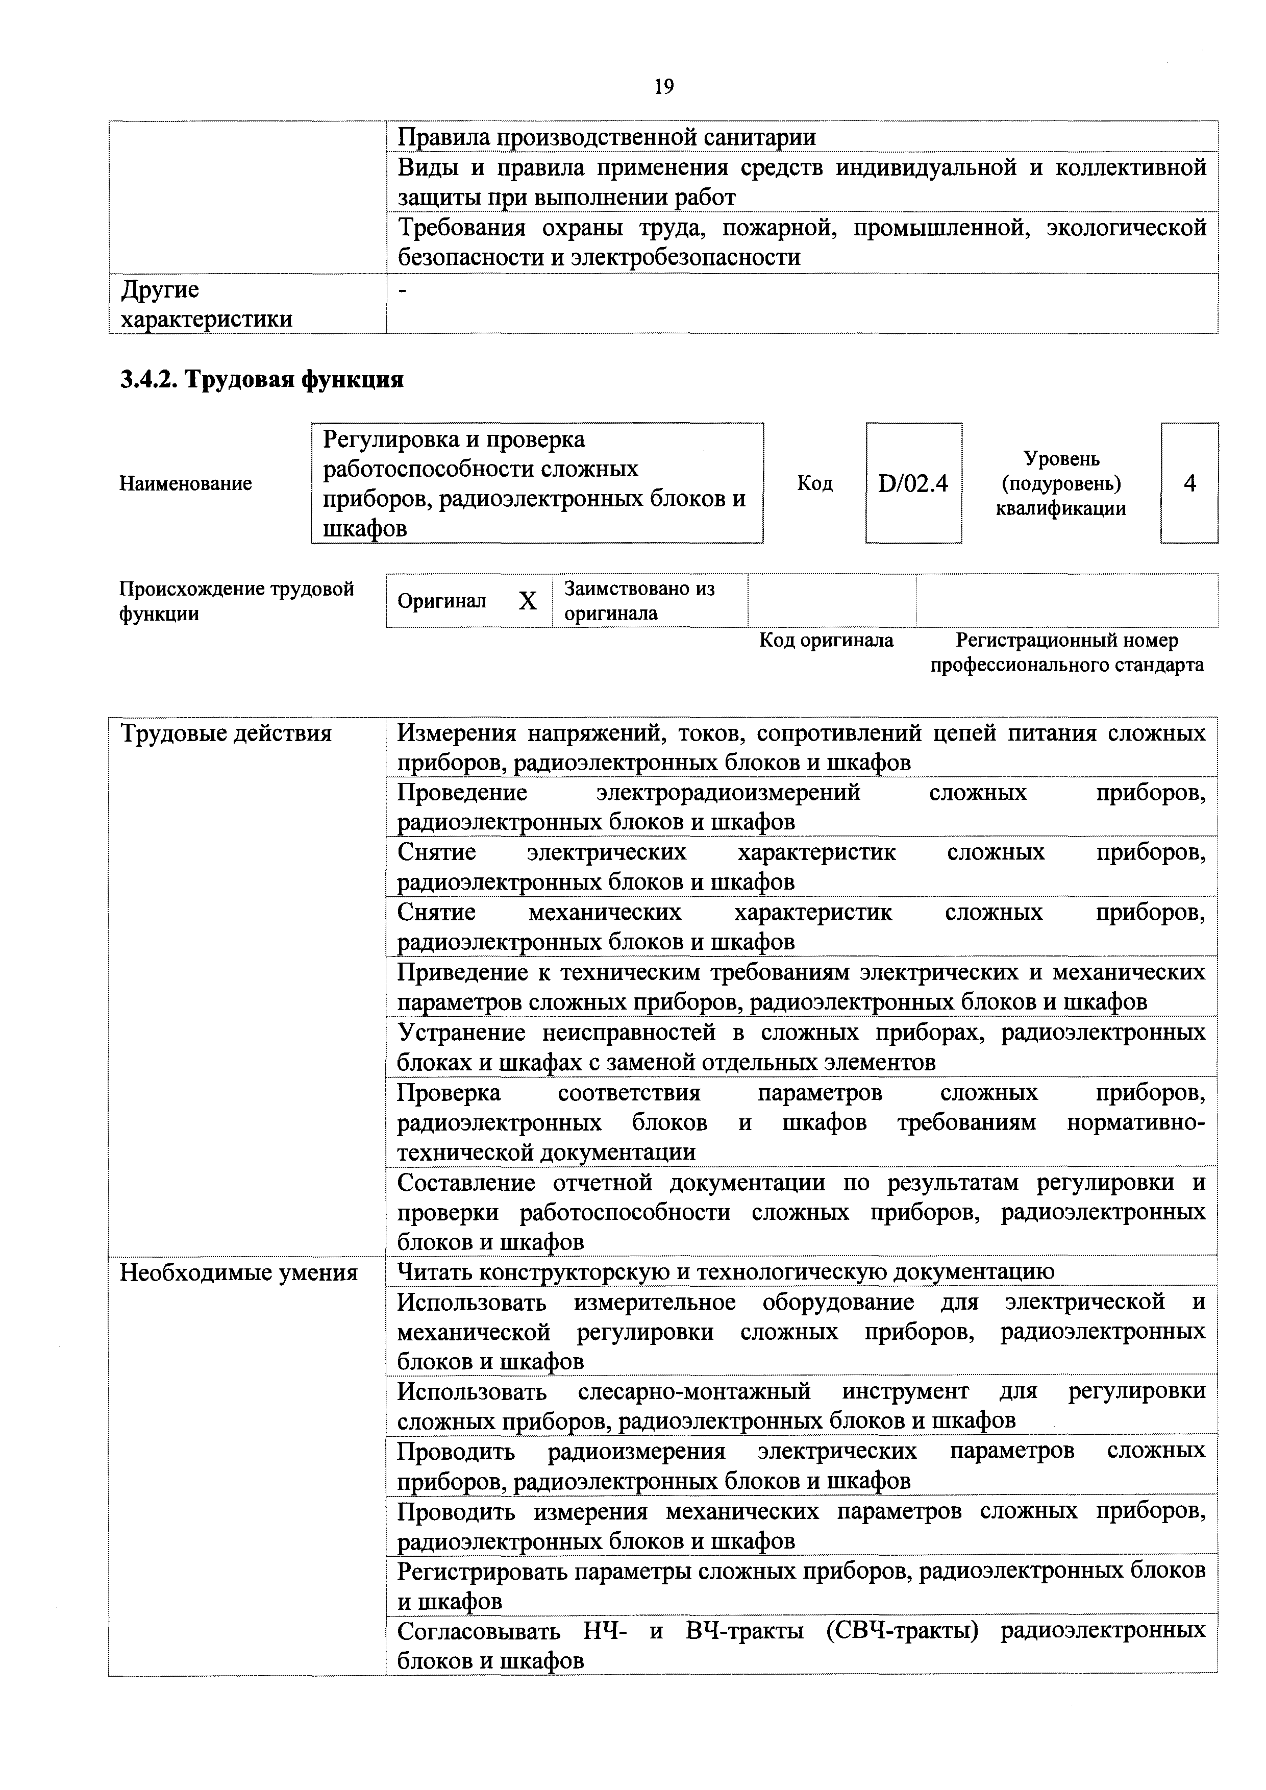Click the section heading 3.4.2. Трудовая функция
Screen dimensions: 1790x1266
click(x=261, y=380)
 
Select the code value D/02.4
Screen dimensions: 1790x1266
click(x=913, y=484)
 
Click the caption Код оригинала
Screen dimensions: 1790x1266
click(x=826, y=641)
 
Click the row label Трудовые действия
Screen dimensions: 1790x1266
click(x=226, y=733)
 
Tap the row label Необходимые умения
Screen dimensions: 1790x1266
click(x=238, y=1273)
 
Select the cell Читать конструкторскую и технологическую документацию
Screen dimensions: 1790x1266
click(x=725, y=1272)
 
